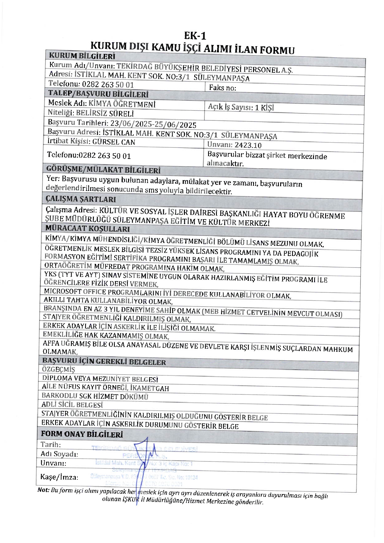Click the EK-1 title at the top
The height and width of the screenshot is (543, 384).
pos(195,36)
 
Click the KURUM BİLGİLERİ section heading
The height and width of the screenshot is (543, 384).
pos(82,56)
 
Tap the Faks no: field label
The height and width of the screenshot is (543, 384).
pos(223,88)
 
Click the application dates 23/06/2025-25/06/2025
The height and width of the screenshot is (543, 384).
pos(153,124)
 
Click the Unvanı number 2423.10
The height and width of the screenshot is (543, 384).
pos(248,145)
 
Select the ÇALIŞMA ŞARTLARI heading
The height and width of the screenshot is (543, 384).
pos(81,199)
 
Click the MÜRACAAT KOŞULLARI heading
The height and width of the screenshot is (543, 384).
pos(88,229)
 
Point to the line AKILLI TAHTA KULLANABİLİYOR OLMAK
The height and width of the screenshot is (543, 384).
pos(108,301)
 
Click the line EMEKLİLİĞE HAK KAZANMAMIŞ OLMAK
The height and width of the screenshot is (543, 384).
pos(106,336)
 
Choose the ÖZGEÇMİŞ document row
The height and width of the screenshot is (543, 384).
pos(59,369)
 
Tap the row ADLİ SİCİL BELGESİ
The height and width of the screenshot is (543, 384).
pos(72,405)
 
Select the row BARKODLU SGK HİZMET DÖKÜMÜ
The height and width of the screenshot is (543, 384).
pos(95,396)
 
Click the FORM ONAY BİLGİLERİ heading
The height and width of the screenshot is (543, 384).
pos(82,434)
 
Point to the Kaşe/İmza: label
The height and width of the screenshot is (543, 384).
pos(59,477)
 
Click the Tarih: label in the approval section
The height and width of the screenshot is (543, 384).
pos(51,444)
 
